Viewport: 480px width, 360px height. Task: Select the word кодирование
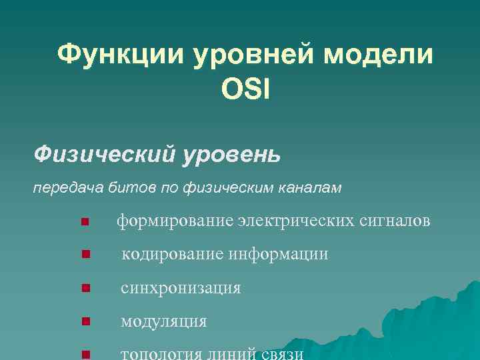(x=173, y=254)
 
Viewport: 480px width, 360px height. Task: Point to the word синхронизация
(x=181, y=288)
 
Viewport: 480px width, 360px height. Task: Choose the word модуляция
(x=163, y=321)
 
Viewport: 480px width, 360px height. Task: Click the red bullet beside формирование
(x=84, y=221)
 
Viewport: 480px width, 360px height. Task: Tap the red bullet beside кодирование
(x=84, y=254)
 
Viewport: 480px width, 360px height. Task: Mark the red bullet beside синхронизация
(x=84, y=289)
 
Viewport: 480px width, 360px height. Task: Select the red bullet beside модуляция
(x=84, y=322)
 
